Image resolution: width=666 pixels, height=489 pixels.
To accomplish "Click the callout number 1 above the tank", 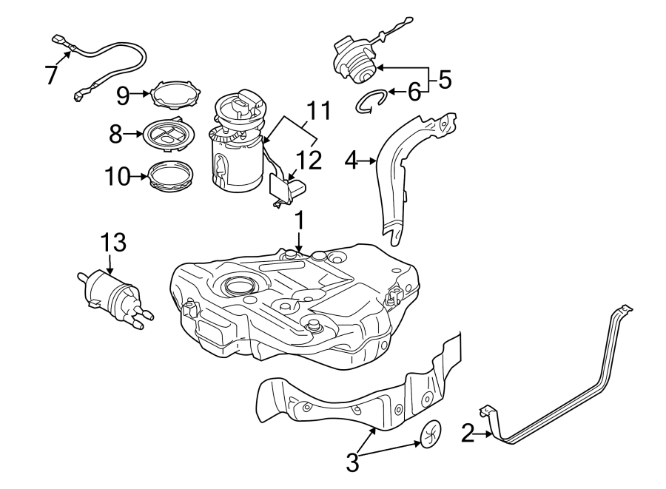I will click(300, 221).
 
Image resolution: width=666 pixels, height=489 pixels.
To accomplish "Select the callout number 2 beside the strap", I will click(467, 434).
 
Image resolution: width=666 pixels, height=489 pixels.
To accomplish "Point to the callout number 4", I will click(351, 159).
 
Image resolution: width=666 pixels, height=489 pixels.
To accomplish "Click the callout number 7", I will click(51, 75).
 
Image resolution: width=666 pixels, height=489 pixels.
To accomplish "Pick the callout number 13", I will click(114, 242).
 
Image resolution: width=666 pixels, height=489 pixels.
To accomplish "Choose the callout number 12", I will click(310, 161).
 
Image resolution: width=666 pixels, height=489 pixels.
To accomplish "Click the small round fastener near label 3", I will click(431, 434).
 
